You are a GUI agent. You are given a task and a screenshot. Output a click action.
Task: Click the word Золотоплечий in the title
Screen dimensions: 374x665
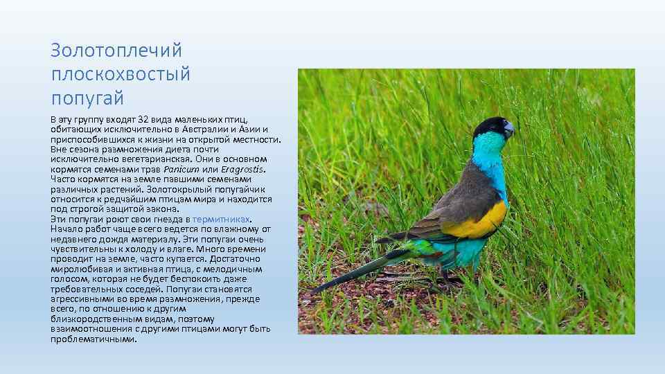[116, 51]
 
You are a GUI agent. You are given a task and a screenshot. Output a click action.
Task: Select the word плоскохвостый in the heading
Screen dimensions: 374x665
[120, 73]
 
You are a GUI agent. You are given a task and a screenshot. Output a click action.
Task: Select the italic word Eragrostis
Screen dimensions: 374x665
[242, 169]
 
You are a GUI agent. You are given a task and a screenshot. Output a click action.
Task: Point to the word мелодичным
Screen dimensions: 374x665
[236, 269]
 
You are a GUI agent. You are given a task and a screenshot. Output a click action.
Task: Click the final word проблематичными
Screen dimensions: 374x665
[94, 339]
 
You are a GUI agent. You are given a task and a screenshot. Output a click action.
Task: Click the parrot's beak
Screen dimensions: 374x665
[509, 130]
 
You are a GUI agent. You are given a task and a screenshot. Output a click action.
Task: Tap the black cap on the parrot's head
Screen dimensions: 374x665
[490, 125]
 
